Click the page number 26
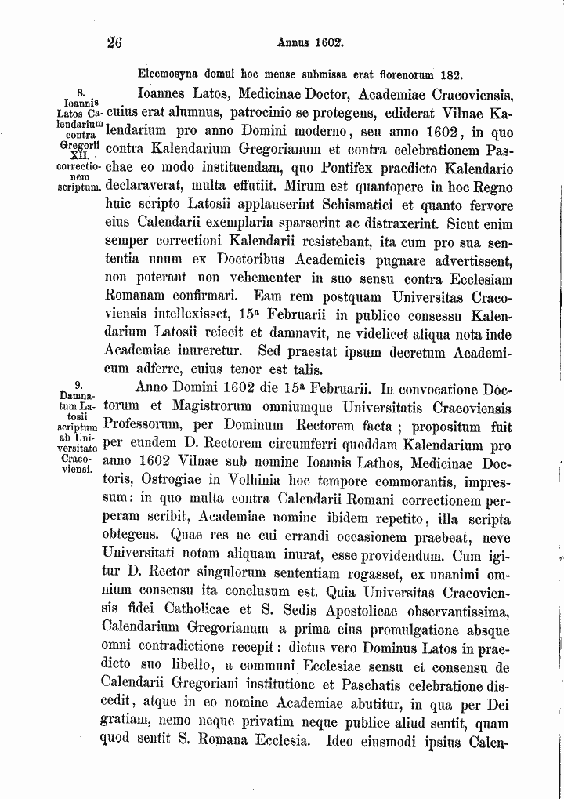pos(115,44)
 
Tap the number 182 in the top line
pos(450,76)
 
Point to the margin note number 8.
pos(80,91)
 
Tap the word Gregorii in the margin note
pos(80,148)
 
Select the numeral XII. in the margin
pos(80,158)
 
